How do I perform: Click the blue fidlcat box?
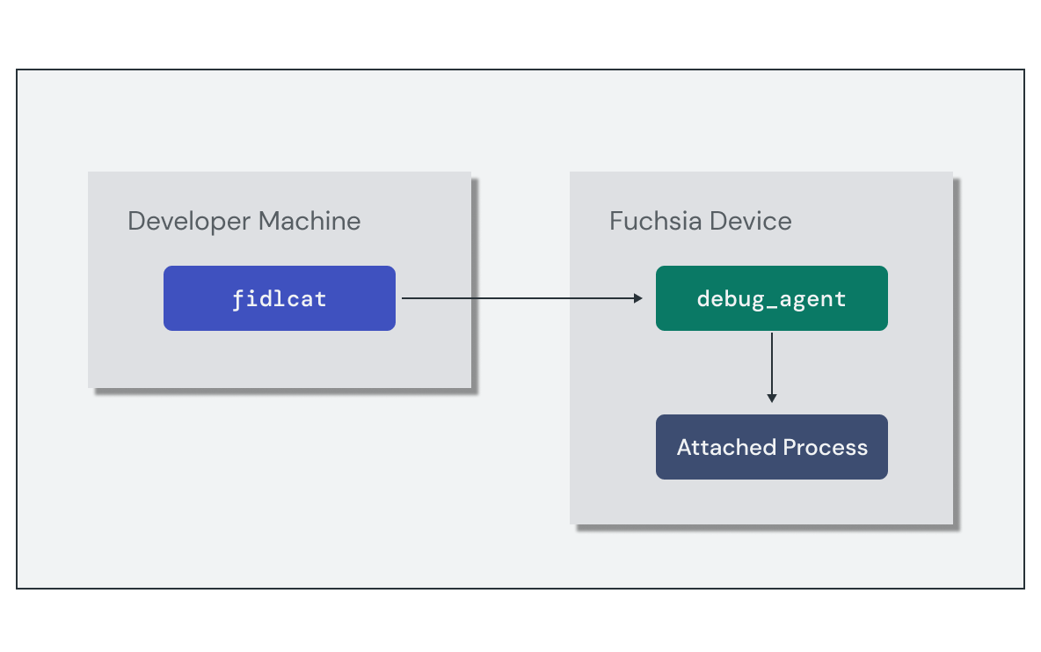(x=279, y=298)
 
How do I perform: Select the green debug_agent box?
(x=771, y=298)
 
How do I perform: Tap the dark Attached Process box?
(x=771, y=447)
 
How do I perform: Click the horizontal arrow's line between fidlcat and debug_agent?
(x=519, y=298)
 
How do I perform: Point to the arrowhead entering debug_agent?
(x=638, y=298)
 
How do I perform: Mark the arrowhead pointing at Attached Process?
(x=772, y=398)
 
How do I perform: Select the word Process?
(x=826, y=447)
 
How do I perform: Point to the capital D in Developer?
(x=136, y=221)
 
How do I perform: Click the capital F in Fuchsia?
(x=616, y=221)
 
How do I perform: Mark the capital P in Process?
(x=789, y=447)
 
